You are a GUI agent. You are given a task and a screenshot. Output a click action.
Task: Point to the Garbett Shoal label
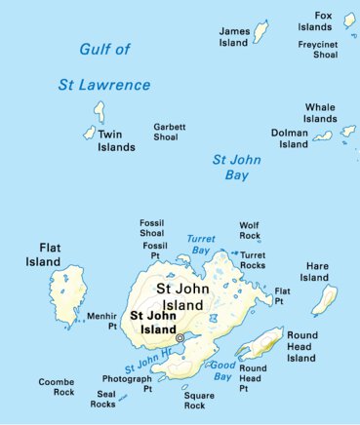pos(170,133)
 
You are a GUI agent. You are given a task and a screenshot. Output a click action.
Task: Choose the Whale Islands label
pos(320,113)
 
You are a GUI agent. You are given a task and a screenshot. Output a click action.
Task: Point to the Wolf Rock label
pos(250,230)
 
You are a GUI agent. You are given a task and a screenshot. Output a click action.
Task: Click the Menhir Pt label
pos(101,322)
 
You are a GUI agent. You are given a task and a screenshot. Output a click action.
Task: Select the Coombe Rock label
pos(56,386)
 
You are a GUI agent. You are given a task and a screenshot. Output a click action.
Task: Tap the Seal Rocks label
pos(102,400)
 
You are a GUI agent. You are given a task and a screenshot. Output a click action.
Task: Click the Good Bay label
pos(222,369)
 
